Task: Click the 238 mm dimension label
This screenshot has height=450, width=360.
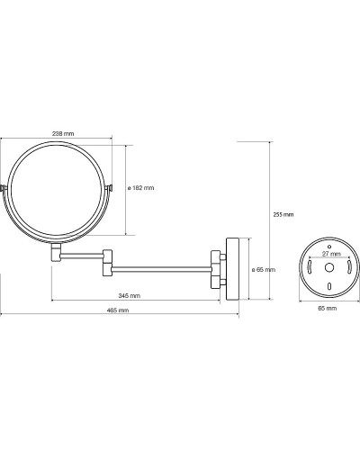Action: pyautogui.click(x=63, y=134)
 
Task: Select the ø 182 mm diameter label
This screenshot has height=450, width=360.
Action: pyautogui.click(x=140, y=188)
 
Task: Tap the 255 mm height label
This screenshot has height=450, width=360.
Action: pyautogui.click(x=283, y=214)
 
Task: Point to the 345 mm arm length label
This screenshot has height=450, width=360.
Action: pyautogui.click(x=130, y=296)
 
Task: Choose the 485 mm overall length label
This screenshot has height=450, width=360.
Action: pyautogui.click(x=118, y=310)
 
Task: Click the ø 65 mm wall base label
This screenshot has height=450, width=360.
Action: pyautogui.click(x=264, y=270)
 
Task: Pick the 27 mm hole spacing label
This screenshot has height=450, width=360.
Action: pyautogui.click(x=331, y=254)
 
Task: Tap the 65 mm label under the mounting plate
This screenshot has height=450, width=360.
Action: pyautogui.click(x=328, y=308)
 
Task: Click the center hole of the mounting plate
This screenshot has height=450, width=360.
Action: pyautogui.click(x=329, y=267)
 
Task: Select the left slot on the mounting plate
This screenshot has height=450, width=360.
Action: pyautogui.click(x=310, y=267)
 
